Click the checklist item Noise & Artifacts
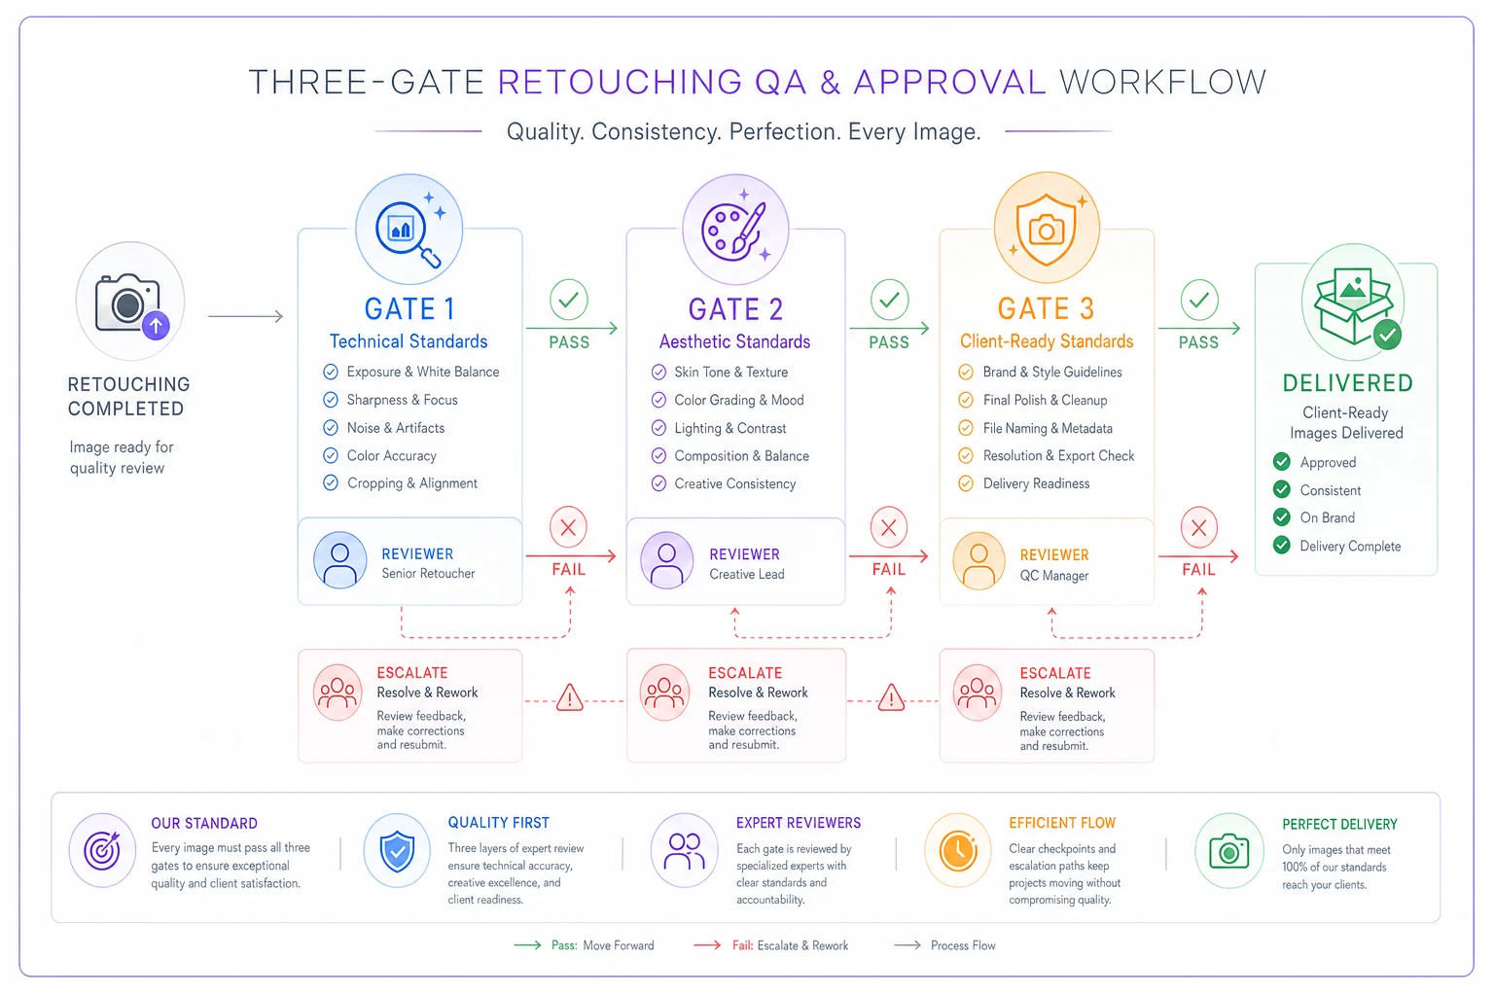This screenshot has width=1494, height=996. [395, 428]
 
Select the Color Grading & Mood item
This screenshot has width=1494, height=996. [738, 401]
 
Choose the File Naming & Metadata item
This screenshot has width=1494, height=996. [1048, 428]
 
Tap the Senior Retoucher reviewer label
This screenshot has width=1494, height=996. [428, 573]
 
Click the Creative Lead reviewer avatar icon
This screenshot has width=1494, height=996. [666, 559]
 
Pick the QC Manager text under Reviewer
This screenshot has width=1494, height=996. [1053, 575]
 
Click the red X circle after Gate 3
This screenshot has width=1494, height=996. [1198, 528]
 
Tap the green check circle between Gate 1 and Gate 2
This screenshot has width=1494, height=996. [568, 300]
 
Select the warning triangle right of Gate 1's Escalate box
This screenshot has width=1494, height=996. [570, 697]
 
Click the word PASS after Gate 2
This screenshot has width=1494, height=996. [888, 342]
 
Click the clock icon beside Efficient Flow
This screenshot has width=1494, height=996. [958, 850]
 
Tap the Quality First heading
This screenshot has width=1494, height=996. [498, 823]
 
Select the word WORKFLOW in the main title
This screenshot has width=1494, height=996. [1162, 83]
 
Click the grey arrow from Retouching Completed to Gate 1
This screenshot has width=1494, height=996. [245, 316]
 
